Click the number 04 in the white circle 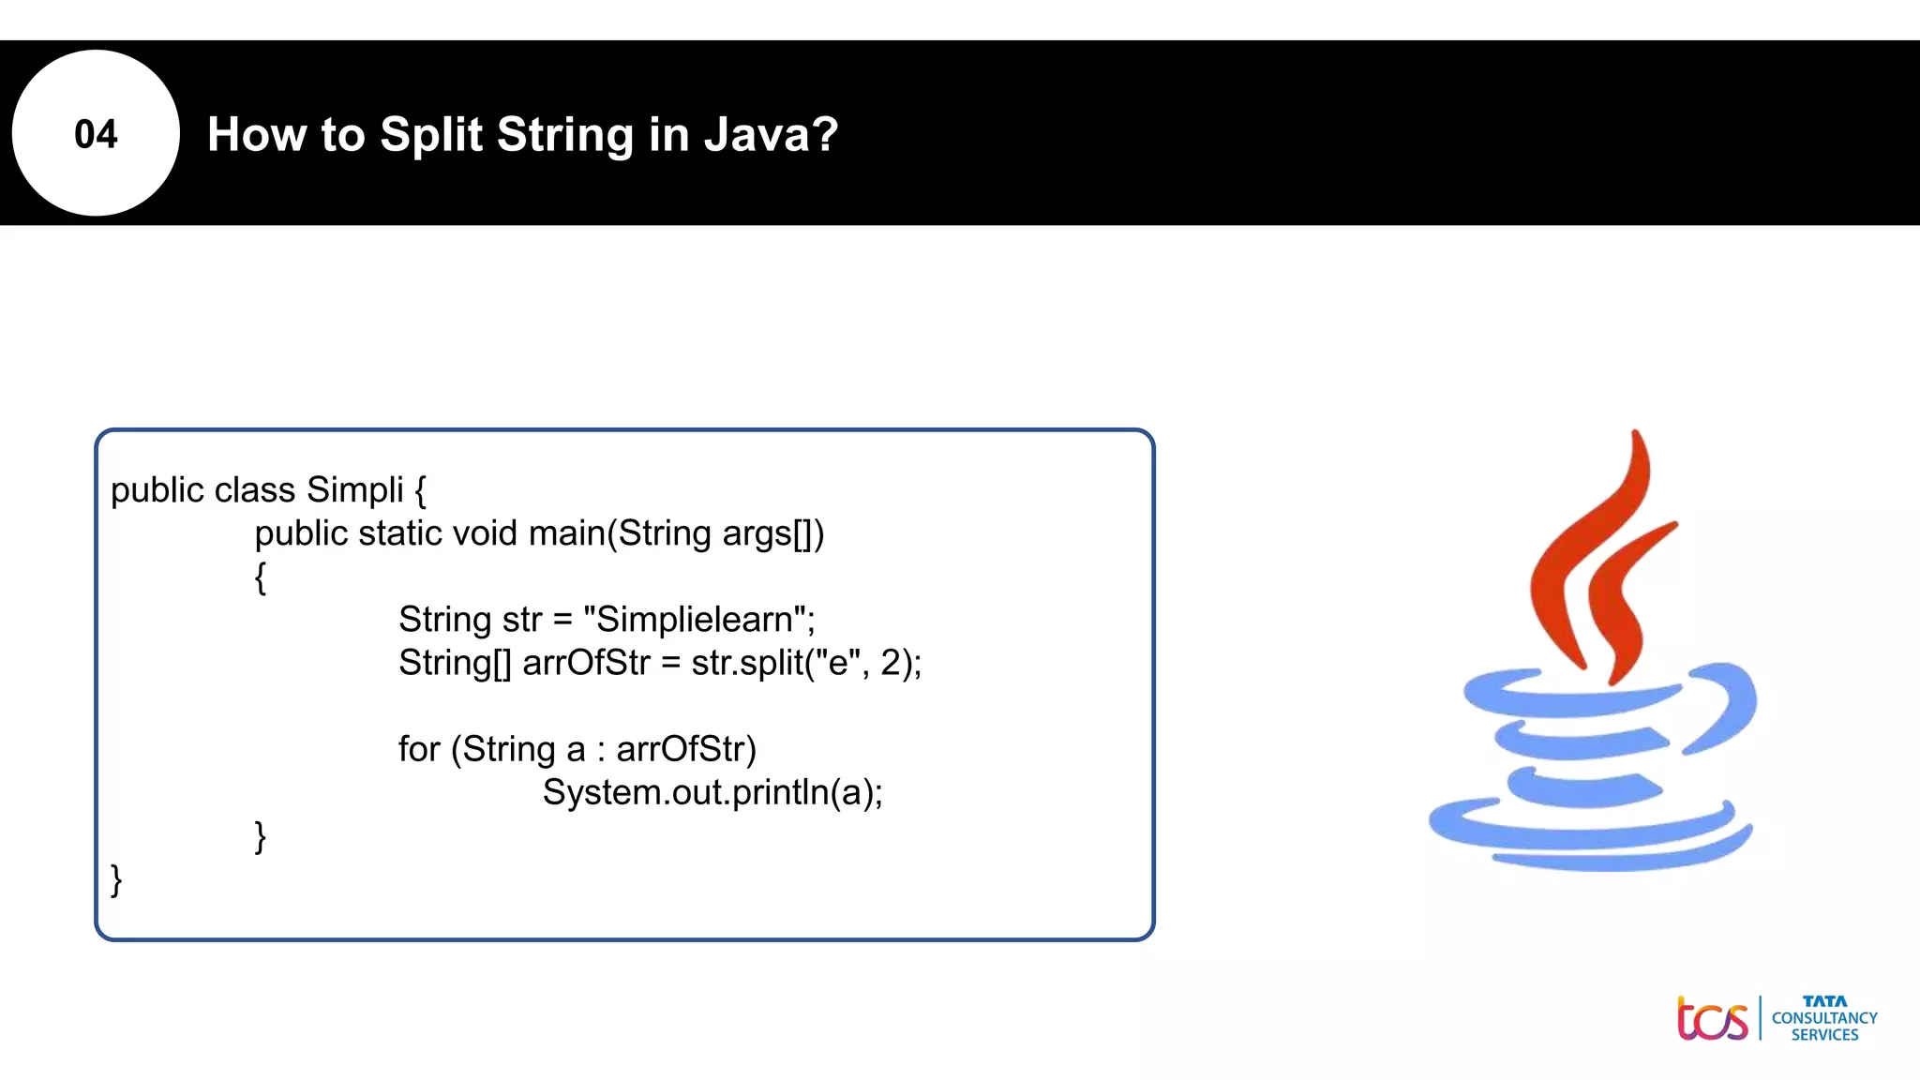96,134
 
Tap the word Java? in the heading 771,134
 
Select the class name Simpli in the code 354,490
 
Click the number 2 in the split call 890,663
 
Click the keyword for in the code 418,749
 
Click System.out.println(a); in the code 712,792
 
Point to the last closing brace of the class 116,879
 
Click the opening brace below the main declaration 261,577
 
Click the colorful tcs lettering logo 1712,1019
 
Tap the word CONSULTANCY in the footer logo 1824,1018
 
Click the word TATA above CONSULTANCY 1824,1001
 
